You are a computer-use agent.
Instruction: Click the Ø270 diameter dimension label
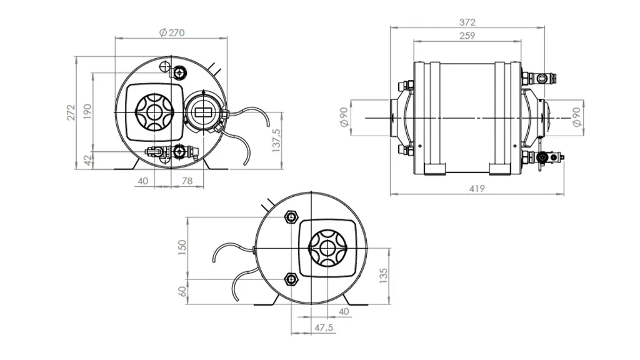tap(172, 32)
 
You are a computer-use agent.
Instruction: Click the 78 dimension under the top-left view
tap(186, 181)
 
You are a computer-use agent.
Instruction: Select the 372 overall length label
tap(467, 22)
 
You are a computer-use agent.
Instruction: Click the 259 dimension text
tap(467, 36)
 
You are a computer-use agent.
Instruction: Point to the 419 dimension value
tap(477, 187)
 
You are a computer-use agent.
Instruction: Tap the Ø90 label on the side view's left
tap(344, 117)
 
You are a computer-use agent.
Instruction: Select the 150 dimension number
tap(182, 247)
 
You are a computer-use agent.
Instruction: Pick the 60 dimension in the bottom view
tap(182, 291)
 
